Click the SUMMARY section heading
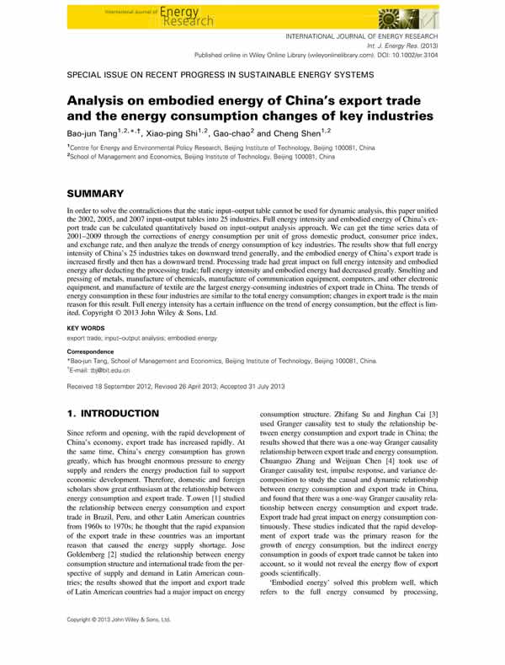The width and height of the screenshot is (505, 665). [101, 193]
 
